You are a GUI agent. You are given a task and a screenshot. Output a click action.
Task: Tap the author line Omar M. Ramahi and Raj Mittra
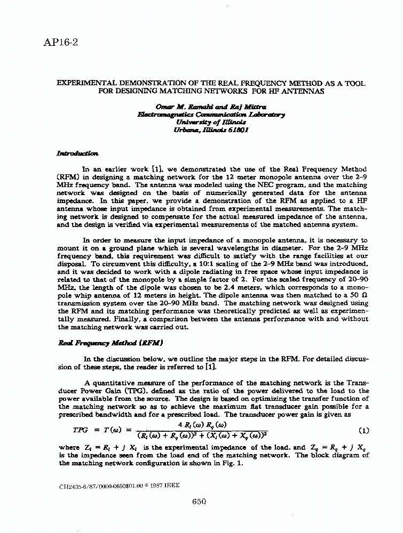coord(211,107)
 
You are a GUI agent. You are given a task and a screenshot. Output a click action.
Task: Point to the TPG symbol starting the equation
coord(81,430)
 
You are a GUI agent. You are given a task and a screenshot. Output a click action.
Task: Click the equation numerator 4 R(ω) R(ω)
coord(202,424)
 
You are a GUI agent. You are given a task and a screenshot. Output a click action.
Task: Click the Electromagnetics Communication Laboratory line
coord(211,114)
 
